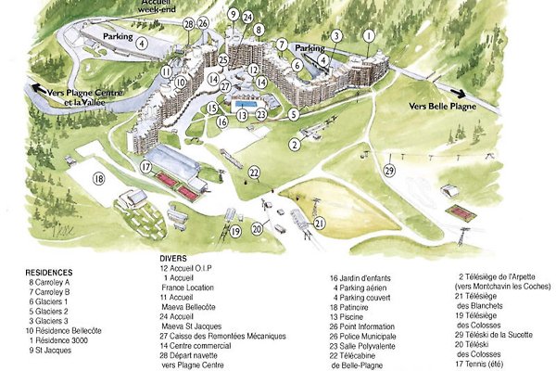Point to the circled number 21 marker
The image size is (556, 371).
coord(319,223)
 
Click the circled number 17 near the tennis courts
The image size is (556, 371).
coord(145,167)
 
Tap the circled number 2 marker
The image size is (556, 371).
coord(295,144)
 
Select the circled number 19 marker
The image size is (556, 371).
coord(235,230)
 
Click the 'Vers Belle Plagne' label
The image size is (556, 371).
coord(441,107)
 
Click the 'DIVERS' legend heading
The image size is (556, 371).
coord(173,257)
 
